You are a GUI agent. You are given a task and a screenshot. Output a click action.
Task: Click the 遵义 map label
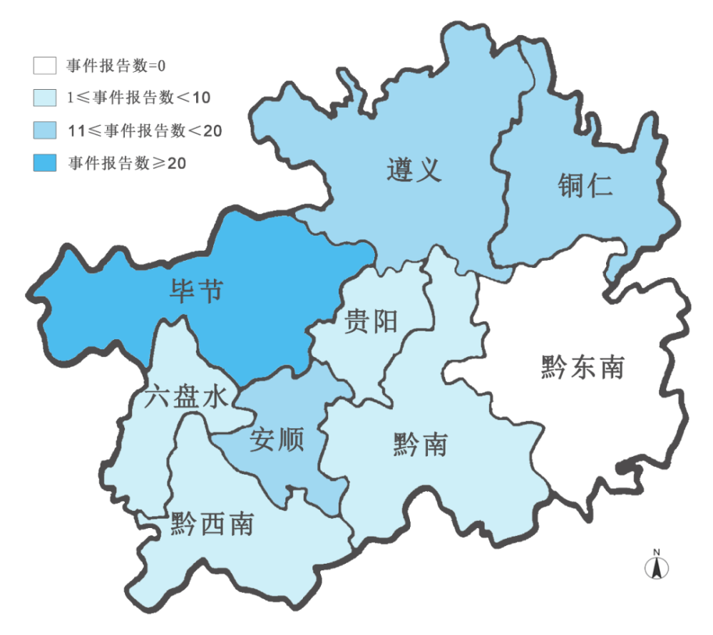pos(414,170)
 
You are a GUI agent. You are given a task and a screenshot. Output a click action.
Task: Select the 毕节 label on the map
pos(195,291)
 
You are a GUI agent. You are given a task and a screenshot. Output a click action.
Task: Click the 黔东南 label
pos(582,368)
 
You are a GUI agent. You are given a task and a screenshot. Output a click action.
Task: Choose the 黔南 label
pos(420,444)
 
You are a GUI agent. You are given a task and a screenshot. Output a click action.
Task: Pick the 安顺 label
pos(277,440)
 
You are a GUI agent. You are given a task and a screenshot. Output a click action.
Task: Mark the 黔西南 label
pos(212,525)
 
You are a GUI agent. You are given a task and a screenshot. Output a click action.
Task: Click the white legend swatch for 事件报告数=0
pos(44,66)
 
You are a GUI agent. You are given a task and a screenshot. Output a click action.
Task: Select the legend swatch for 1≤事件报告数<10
pos(44,98)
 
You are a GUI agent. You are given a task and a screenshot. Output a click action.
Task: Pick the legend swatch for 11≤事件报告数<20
pos(44,130)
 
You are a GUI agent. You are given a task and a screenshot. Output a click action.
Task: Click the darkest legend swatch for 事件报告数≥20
pos(44,162)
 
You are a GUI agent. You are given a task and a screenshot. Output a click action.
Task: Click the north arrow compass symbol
pos(657,567)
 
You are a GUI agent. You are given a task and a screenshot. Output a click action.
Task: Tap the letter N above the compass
pos(657,552)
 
